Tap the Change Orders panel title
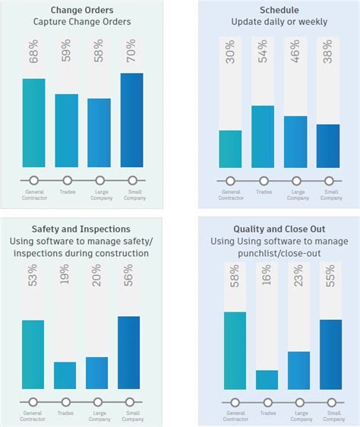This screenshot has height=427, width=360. [x=81, y=10]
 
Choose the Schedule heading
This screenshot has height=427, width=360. [x=279, y=10]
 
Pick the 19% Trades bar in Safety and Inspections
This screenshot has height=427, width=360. [x=65, y=375]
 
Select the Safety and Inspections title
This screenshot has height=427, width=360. [x=81, y=229]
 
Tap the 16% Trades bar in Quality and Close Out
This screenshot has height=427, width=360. [x=267, y=380]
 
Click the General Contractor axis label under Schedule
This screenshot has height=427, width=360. [x=231, y=195]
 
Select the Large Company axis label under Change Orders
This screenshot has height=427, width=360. [x=99, y=195]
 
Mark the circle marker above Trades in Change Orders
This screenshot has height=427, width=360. [x=67, y=181]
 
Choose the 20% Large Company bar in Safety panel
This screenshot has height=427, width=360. [x=97, y=373]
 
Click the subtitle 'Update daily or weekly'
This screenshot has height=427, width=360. [x=279, y=22]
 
